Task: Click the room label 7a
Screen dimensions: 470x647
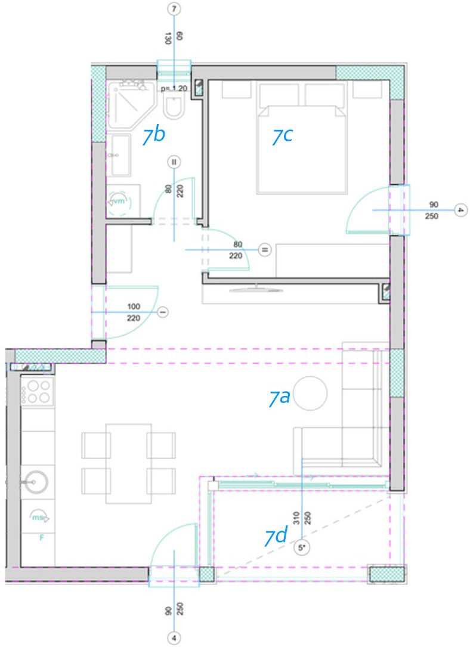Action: [x=280, y=397]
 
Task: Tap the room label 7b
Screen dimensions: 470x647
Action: [x=153, y=135]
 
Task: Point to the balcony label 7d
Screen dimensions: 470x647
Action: [x=276, y=537]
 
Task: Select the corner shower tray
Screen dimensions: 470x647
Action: [x=132, y=104]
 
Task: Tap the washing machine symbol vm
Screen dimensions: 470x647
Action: [x=119, y=202]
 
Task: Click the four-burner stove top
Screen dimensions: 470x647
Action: [x=38, y=392]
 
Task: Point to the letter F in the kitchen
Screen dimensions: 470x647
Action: [x=41, y=538]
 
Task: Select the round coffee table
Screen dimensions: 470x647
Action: [x=311, y=393]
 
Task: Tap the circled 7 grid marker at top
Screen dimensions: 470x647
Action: [x=175, y=9]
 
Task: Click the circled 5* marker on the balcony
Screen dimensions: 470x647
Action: [x=302, y=547]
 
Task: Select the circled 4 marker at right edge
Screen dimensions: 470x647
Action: [x=460, y=210]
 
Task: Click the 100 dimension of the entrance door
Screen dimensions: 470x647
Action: [x=134, y=307]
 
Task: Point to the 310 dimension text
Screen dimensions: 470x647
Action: [x=296, y=518]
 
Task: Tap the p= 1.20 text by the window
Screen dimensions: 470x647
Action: [x=174, y=88]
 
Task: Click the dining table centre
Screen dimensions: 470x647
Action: [x=128, y=463]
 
